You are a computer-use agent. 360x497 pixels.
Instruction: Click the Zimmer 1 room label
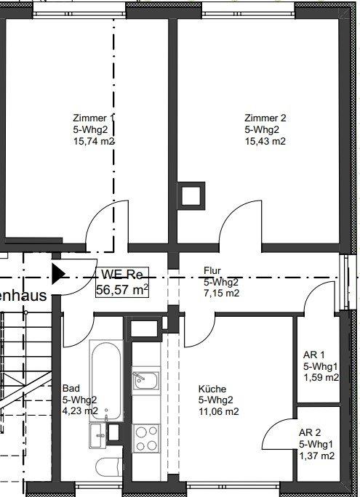pyautogui.click(x=93, y=118)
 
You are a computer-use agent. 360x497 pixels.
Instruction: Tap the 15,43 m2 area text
pyautogui.click(x=265, y=141)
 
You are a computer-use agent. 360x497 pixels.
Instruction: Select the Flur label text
pyautogui.click(x=212, y=270)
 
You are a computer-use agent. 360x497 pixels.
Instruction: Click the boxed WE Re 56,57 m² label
pyautogui.click(x=122, y=282)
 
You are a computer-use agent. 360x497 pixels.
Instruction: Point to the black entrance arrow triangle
pyautogui.click(x=57, y=273)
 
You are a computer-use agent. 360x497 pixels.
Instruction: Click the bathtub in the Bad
pyautogui.click(x=106, y=381)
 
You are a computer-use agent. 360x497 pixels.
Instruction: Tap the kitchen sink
pyautogui.click(x=146, y=380)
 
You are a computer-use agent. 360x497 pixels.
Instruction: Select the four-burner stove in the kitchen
pyautogui.click(x=146, y=439)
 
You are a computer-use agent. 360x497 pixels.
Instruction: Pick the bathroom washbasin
pyautogui.click(x=97, y=436)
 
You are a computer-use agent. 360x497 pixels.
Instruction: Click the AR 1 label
pyautogui.click(x=314, y=355)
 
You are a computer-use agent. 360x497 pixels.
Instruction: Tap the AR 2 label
pyautogui.click(x=310, y=432)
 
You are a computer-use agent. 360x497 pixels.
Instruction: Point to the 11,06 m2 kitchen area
pyautogui.click(x=219, y=411)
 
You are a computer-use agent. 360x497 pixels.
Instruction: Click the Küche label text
pyautogui.click(x=212, y=389)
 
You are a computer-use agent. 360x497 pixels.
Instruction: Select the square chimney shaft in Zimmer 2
pyautogui.click(x=191, y=196)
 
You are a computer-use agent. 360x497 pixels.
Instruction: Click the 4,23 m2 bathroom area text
pyautogui.click(x=80, y=411)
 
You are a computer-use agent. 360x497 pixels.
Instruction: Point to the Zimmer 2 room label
pyautogui.click(x=265, y=118)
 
